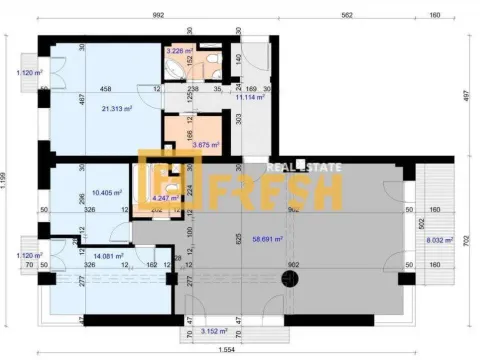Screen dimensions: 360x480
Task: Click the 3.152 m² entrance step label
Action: tap(215, 330)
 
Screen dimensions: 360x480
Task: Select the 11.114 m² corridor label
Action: tap(248, 98)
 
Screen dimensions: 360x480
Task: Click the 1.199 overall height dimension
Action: tap(9, 180)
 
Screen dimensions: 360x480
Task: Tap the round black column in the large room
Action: tap(291, 277)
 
